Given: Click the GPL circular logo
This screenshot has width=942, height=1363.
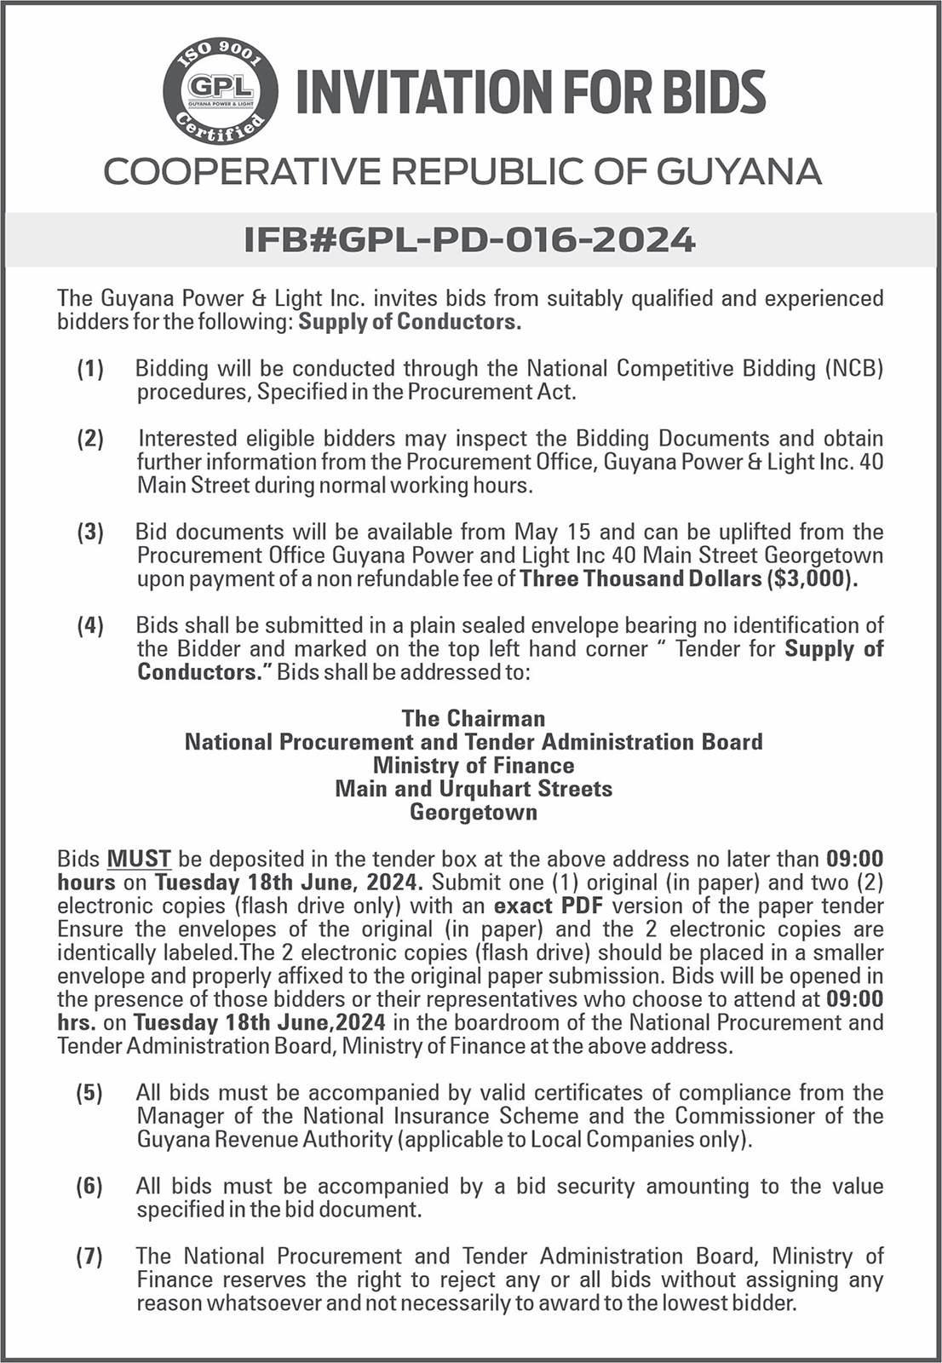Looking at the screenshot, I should click(221, 91).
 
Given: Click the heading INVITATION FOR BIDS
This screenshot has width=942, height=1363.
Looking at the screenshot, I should click(531, 92).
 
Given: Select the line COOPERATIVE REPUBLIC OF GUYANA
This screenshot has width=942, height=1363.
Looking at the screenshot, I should click(462, 171).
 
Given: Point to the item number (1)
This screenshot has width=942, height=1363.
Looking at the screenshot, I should click(90, 369).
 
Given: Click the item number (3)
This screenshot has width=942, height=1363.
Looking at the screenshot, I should click(90, 532).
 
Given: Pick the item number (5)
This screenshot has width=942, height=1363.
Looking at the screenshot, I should click(90, 1093).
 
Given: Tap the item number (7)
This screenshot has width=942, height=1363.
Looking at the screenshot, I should click(90, 1257).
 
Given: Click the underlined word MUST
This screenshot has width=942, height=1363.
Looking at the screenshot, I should click(140, 859).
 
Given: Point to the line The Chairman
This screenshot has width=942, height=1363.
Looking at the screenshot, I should click(474, 718).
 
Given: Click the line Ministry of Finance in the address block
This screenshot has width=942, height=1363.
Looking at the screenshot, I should click(474, 765).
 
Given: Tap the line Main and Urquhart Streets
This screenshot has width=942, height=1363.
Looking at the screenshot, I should click(474, 789).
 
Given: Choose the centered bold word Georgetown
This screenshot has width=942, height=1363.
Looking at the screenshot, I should click(474, 812).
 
